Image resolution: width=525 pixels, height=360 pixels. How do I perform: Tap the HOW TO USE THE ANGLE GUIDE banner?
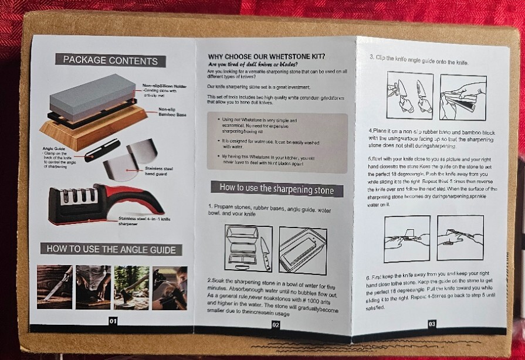pyautogui.click(x=111, y=249)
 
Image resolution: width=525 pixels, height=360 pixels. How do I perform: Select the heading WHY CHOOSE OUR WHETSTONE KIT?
pyautogui.click(x=267, y=56)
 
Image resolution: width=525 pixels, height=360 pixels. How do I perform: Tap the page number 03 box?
pyautogui.click(x=432, y=322)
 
